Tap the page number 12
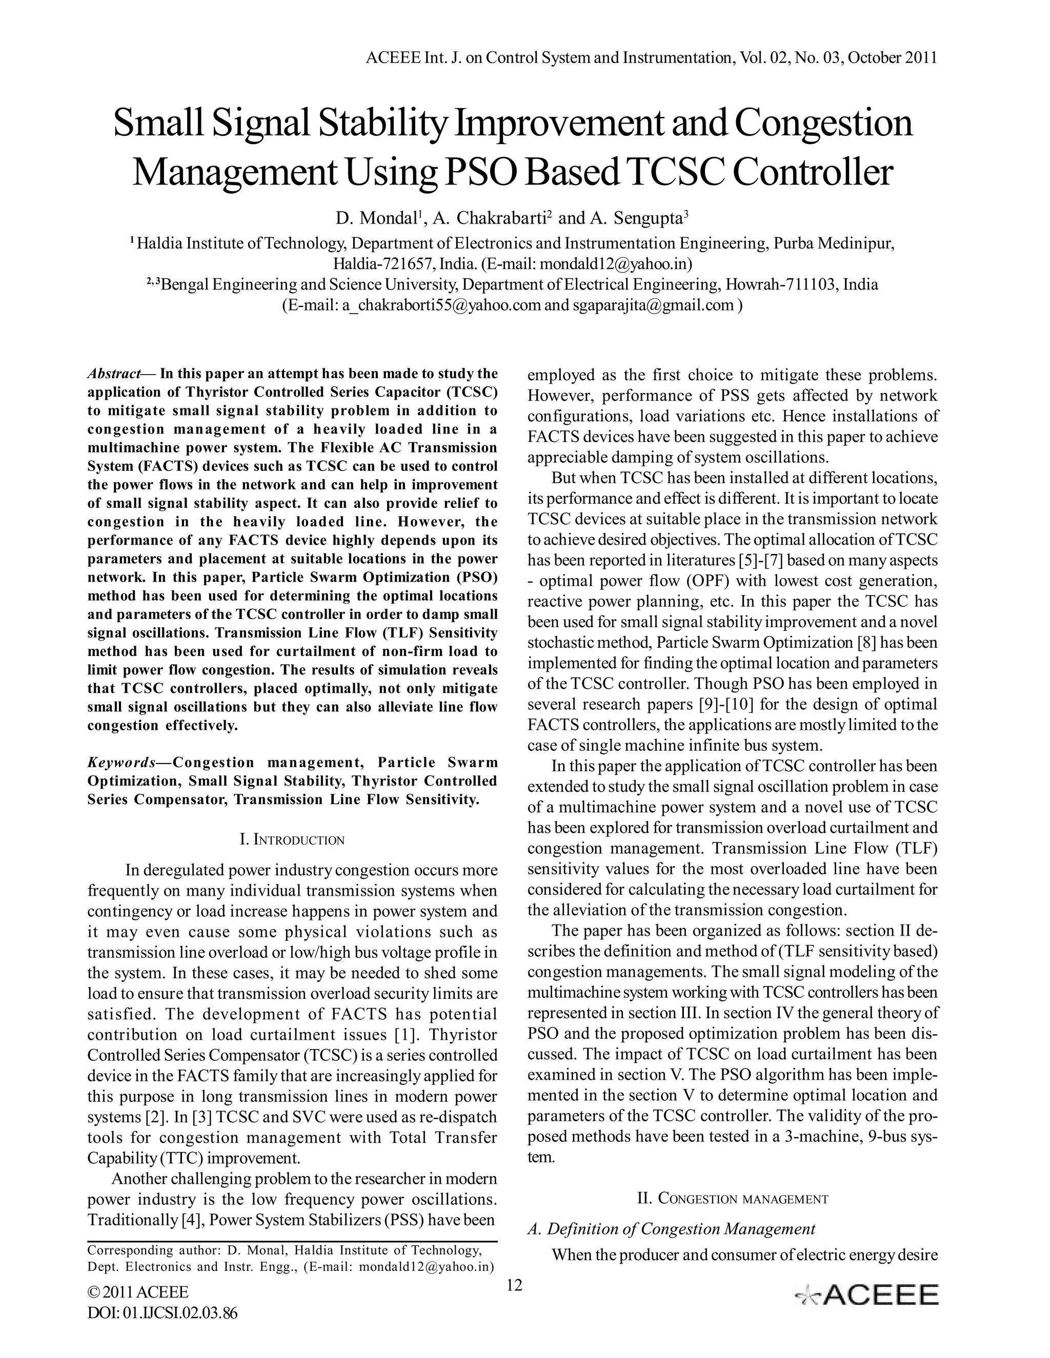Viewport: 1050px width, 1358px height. (514, 1285)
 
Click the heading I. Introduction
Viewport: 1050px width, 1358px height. (292, 840)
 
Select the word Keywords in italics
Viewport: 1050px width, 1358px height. (122, 763)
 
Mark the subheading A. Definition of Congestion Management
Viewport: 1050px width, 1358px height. (671, 1229)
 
